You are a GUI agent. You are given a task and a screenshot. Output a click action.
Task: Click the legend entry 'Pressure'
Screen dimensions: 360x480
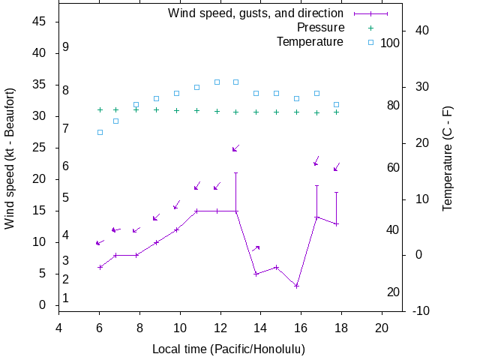pos(320,28)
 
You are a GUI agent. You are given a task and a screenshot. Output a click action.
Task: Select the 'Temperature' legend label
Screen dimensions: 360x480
pos(310,42)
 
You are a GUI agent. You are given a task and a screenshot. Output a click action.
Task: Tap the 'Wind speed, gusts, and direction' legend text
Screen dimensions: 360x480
pos(255,13)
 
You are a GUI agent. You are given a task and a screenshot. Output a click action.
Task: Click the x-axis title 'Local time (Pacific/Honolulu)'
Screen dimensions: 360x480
pos(229,349)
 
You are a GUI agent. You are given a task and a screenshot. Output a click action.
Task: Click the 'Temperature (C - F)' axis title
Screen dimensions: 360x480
pos(448,158)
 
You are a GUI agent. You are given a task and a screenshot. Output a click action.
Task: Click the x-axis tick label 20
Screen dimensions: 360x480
pos(381,327)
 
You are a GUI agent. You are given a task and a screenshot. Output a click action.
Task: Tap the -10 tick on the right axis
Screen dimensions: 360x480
pos(421,311)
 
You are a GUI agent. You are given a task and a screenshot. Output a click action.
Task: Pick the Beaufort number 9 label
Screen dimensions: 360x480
pos(66,47)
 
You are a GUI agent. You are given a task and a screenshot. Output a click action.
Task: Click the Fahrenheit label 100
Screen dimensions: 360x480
pos(390,43)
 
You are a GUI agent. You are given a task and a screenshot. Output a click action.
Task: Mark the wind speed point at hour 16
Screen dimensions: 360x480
pos(296,286)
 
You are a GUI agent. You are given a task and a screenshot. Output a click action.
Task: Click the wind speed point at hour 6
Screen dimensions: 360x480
pos(100,267)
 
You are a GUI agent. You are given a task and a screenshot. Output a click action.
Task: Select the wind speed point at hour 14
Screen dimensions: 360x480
pos(256,274)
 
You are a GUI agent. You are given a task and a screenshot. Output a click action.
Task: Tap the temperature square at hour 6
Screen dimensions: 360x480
pos(100,132)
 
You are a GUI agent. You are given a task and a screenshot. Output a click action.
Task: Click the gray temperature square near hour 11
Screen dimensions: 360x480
pos(196,87)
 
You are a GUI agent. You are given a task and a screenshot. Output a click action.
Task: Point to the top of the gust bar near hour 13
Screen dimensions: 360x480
pos(235,172)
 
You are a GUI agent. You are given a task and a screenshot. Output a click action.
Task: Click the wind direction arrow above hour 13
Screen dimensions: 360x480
pos(235,148)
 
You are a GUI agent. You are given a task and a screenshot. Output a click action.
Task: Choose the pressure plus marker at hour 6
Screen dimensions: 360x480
pos(100,109)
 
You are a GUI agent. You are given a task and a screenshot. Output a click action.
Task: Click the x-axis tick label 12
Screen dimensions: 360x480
pos(219,327)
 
